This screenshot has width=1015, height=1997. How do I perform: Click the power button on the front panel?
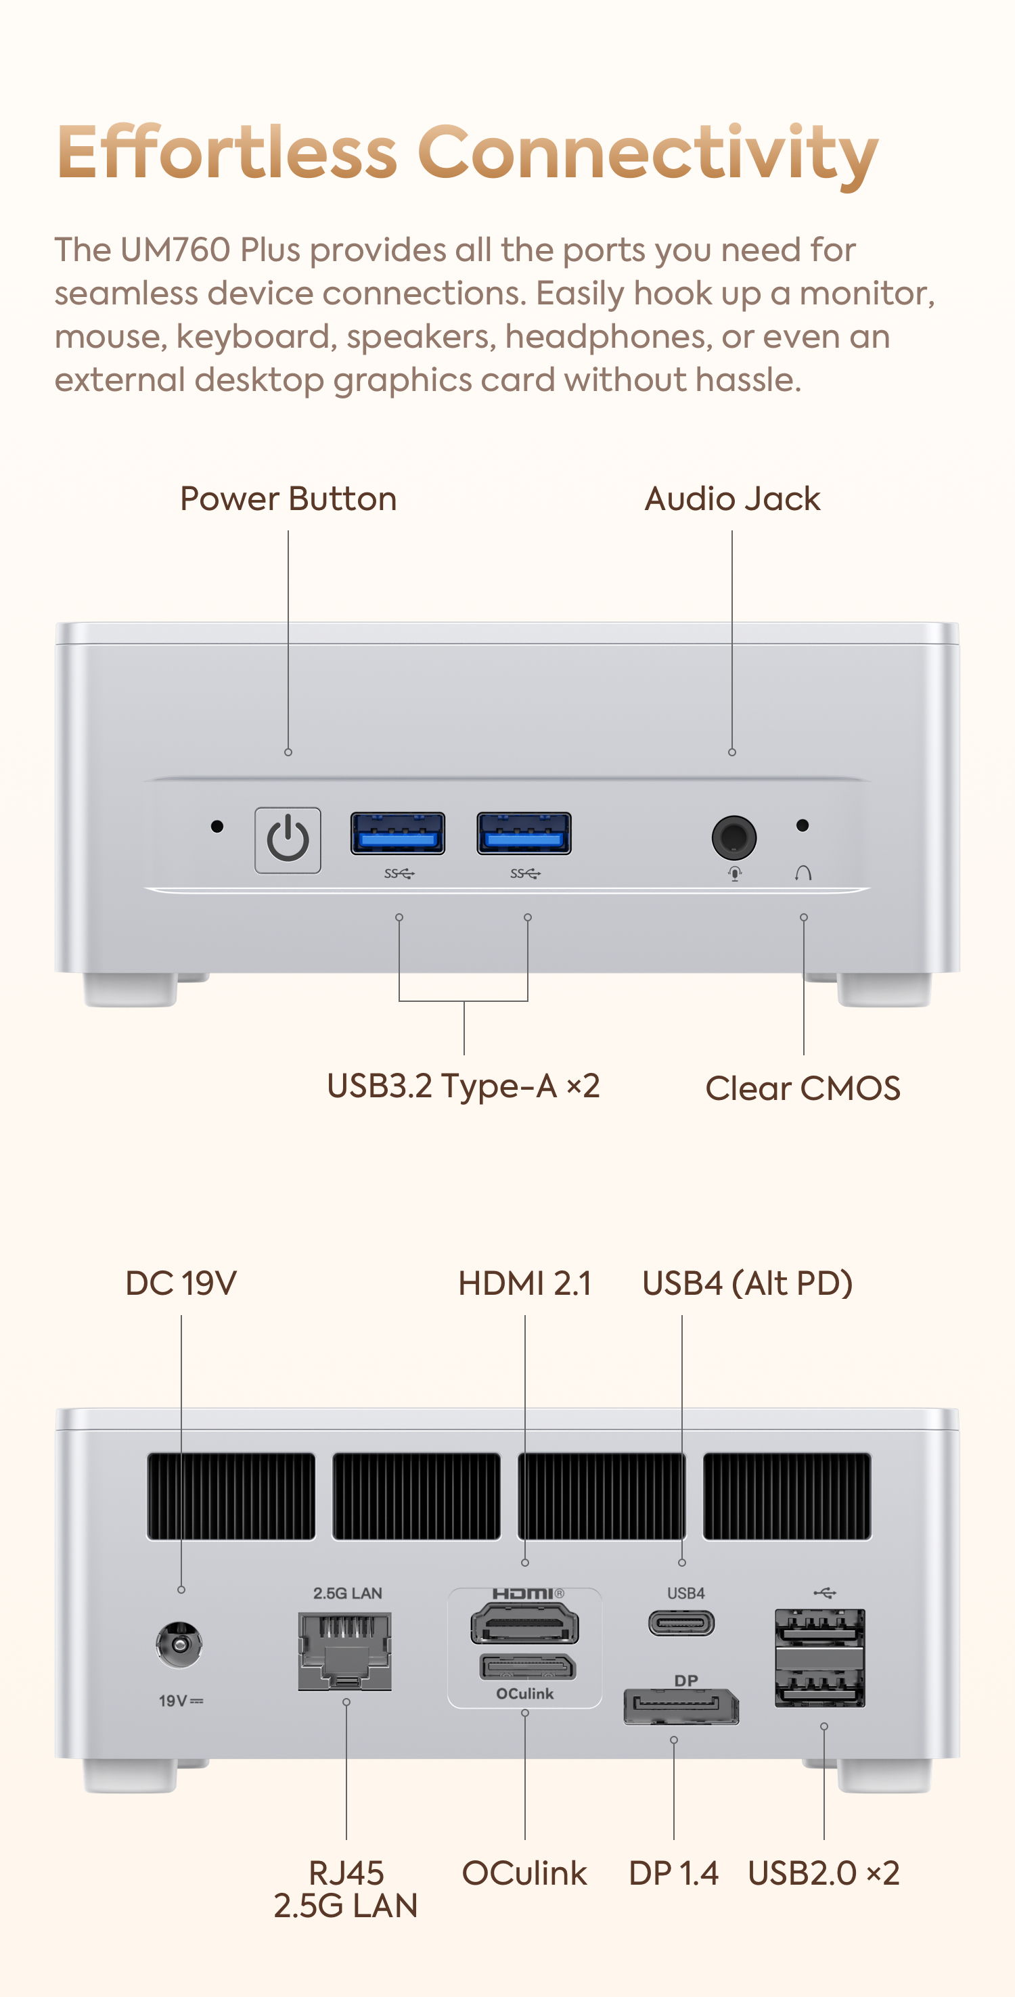(288, 840)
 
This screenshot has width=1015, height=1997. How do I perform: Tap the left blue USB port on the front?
(398, 833)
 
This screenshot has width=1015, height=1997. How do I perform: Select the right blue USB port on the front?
(524, 833)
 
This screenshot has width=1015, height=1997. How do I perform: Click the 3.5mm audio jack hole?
(734, 837)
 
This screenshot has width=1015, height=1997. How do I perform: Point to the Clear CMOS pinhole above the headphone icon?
(803, 825)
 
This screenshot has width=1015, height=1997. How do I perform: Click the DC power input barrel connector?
(180, 1643)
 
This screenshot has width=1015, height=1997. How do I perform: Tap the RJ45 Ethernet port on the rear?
(345, 1651)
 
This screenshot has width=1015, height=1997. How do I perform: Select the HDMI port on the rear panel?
(525, 1624)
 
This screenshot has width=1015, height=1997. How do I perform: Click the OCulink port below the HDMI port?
(527, 1667)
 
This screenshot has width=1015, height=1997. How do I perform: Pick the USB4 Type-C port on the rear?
(681, 1622)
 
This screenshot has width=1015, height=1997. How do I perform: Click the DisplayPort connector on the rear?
(681, 1705)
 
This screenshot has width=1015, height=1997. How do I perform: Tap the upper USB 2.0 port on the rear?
(820, 1626)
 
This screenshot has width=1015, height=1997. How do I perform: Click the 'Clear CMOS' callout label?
(803, 1088)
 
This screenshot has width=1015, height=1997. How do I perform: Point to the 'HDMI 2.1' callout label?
(525, 1283)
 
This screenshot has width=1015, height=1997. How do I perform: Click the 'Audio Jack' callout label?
(732, 499)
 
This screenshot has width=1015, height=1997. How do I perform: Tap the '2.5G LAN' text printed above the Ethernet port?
(347, 1593)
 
